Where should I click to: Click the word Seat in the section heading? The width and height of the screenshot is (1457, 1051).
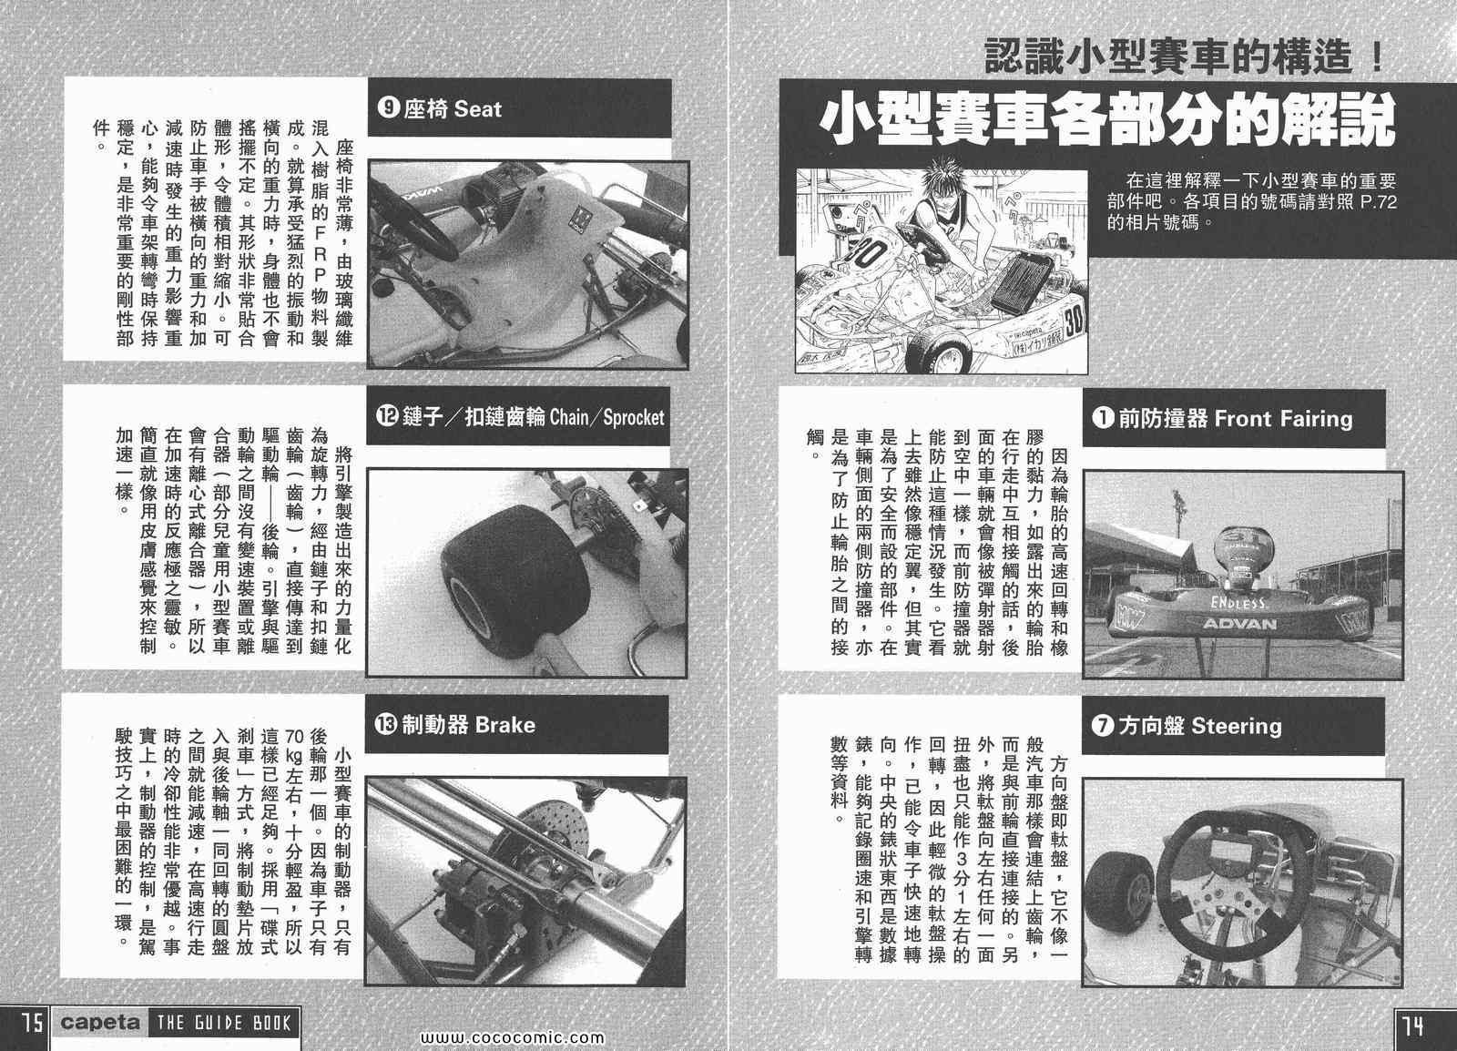(x=477, y=108)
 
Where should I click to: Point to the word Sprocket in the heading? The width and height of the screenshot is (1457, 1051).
(x=634, y=417)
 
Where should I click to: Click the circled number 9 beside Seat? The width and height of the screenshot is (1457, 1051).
(x=388, y=107)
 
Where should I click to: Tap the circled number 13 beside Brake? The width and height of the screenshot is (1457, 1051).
(x=386, y=724)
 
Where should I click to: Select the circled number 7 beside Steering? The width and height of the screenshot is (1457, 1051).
(x=1103, y=725)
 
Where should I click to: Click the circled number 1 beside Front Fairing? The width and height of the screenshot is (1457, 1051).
(x=1103, y=417)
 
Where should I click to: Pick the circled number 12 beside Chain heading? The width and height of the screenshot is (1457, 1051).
(x=387, y=416)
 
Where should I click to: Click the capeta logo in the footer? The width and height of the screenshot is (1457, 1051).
(x=100, y=1023)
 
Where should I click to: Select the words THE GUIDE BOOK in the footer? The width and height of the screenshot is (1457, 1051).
(x=223, y=1024)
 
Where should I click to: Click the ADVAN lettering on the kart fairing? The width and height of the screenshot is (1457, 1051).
(x=1239, y=624)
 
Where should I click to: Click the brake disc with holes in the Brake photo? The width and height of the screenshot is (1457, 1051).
(x=556, y=835)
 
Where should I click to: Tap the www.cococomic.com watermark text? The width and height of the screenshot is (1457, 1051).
(x=513, y=1038)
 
